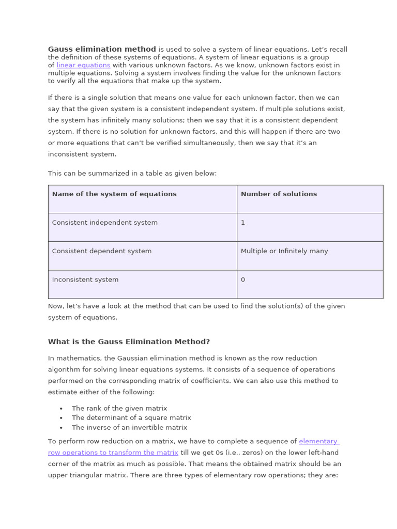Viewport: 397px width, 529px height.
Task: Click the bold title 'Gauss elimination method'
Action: coord(102,50)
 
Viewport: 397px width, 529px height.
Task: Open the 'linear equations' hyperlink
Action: coord(83,66)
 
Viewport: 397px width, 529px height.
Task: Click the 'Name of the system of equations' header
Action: coord(114,194)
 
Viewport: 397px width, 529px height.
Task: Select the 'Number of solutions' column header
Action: coord(279,194)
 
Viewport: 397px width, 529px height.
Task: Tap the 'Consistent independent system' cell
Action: coord(104,223)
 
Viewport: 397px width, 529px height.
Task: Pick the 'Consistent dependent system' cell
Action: coord(102,251)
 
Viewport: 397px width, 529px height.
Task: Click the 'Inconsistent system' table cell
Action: coord(85,279)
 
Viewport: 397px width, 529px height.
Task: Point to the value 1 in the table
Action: coord(243,223)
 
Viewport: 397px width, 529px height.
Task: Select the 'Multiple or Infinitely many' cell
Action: coord(284,251)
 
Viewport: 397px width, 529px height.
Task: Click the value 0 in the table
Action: coord(243,279)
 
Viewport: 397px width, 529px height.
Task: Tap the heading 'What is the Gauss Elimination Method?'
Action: coord(129,342)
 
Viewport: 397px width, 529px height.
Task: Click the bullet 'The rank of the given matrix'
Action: coord(119,408)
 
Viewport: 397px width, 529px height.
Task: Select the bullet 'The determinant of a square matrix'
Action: coord(131,418)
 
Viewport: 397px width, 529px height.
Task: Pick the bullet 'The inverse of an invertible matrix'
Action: coord(129,428)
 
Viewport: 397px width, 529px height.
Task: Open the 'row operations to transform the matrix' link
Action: coord(113,453)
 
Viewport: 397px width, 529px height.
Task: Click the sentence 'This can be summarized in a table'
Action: coord(132,174)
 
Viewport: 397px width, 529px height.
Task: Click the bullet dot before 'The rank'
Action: coord(61,409)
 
